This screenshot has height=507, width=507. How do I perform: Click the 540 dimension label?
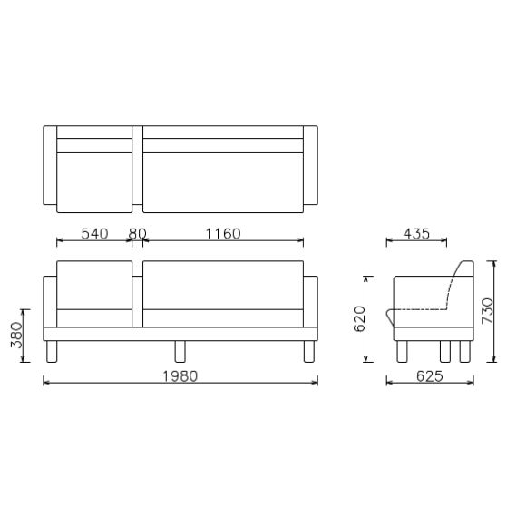tap(94, 233)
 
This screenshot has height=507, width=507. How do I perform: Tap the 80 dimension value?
tap(137, 233)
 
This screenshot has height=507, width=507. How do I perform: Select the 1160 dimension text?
tap(222, 233)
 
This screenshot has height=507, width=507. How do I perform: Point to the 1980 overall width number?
tap(179, 375)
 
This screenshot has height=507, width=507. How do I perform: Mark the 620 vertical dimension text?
tap(360, 317)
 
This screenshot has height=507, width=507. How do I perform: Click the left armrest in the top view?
tap(50, 166)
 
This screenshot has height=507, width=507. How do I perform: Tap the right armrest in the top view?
tap(310, 166)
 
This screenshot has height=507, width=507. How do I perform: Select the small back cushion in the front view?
tap(94, 285)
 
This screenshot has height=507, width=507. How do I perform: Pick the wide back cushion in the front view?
tap(222, 285)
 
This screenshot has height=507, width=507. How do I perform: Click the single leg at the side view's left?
tap(400, 351)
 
